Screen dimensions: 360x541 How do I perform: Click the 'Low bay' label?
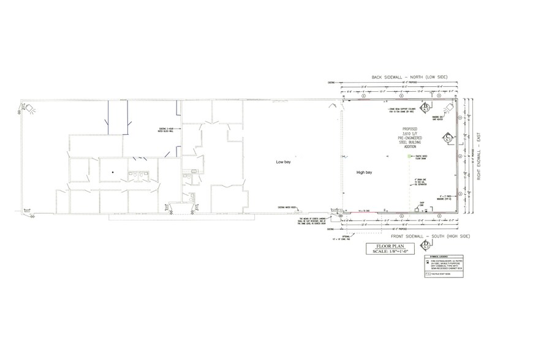283,163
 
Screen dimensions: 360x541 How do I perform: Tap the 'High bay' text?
365,173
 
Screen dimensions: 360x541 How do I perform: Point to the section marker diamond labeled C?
448,136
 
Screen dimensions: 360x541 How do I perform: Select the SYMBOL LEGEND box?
440,268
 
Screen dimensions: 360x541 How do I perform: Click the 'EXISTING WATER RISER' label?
288,207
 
